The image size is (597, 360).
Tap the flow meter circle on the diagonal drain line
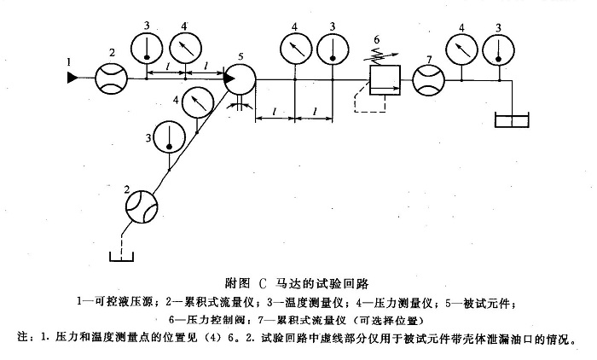[x=142, y=204]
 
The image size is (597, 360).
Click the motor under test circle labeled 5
[x=241, y=81]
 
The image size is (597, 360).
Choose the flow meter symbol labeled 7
[x=427, y=81]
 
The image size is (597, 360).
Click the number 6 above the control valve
[x=376, y=40]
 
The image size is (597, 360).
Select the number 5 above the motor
[x=241, y=56]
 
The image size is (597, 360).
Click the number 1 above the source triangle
[x=68, y=60]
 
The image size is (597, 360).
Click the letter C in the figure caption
[x=261, y=281]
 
